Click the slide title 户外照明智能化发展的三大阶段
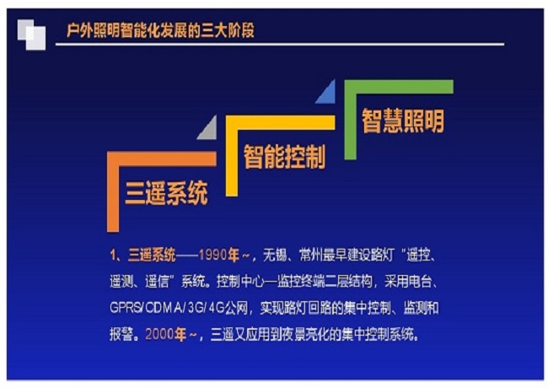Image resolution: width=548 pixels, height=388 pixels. click(x=160, y=30)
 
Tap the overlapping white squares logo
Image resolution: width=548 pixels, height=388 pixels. click(x=31, y=35)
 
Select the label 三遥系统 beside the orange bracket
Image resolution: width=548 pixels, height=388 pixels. click(x=166, y=192)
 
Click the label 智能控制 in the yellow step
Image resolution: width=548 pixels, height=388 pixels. click(x=284, y=157)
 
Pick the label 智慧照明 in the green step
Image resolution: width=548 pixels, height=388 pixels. click(x=403, y=121)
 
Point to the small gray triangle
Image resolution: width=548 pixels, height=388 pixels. click(x=209, y=129)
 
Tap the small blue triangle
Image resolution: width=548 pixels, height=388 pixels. click(x=327, y=93)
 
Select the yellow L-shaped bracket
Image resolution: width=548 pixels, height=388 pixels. click(x=232, y=156)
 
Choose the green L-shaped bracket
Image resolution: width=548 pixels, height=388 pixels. click(x=350, y=120)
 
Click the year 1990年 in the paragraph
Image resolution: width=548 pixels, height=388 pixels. click(x=219, y=256)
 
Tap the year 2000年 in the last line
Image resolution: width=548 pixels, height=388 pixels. click(x=165, y=335)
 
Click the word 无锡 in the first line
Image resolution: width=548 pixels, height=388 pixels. click(x=275, y=256)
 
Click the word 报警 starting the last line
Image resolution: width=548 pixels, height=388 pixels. click(x=121, y=335)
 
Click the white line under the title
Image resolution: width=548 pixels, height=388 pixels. click(x=280, y=45)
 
